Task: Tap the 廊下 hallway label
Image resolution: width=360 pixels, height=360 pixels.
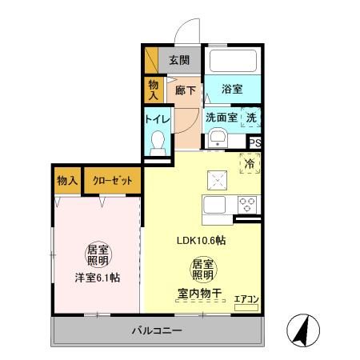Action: pos(185,90)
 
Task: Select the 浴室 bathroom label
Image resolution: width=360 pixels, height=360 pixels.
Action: pos(233,90)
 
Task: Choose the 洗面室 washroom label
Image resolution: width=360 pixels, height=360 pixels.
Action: pos(221,118)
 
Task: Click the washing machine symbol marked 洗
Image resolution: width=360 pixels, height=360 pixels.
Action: pos(251,118)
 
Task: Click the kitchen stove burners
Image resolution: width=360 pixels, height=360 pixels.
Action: pos(246,202)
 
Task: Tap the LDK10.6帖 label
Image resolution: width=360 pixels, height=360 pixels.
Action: pos(200,240)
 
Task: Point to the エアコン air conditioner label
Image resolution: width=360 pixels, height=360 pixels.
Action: pos(246,300)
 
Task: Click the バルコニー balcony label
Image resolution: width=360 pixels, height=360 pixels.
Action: pos(158,330)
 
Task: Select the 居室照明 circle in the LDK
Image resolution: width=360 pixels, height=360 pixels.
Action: pos(202,268)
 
